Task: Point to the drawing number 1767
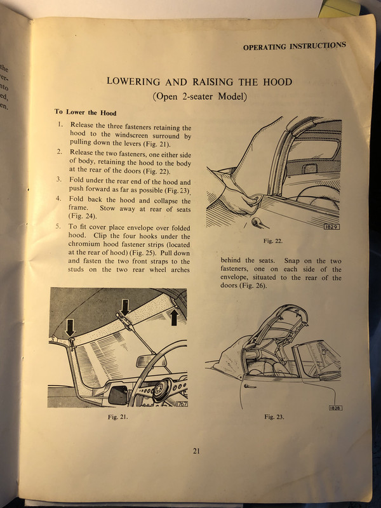coord(181,404)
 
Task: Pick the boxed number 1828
coord(336,407)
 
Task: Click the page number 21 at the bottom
coord(196,451)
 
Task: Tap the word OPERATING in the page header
coord(265,46)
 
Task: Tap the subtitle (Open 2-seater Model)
coord(199,97)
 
